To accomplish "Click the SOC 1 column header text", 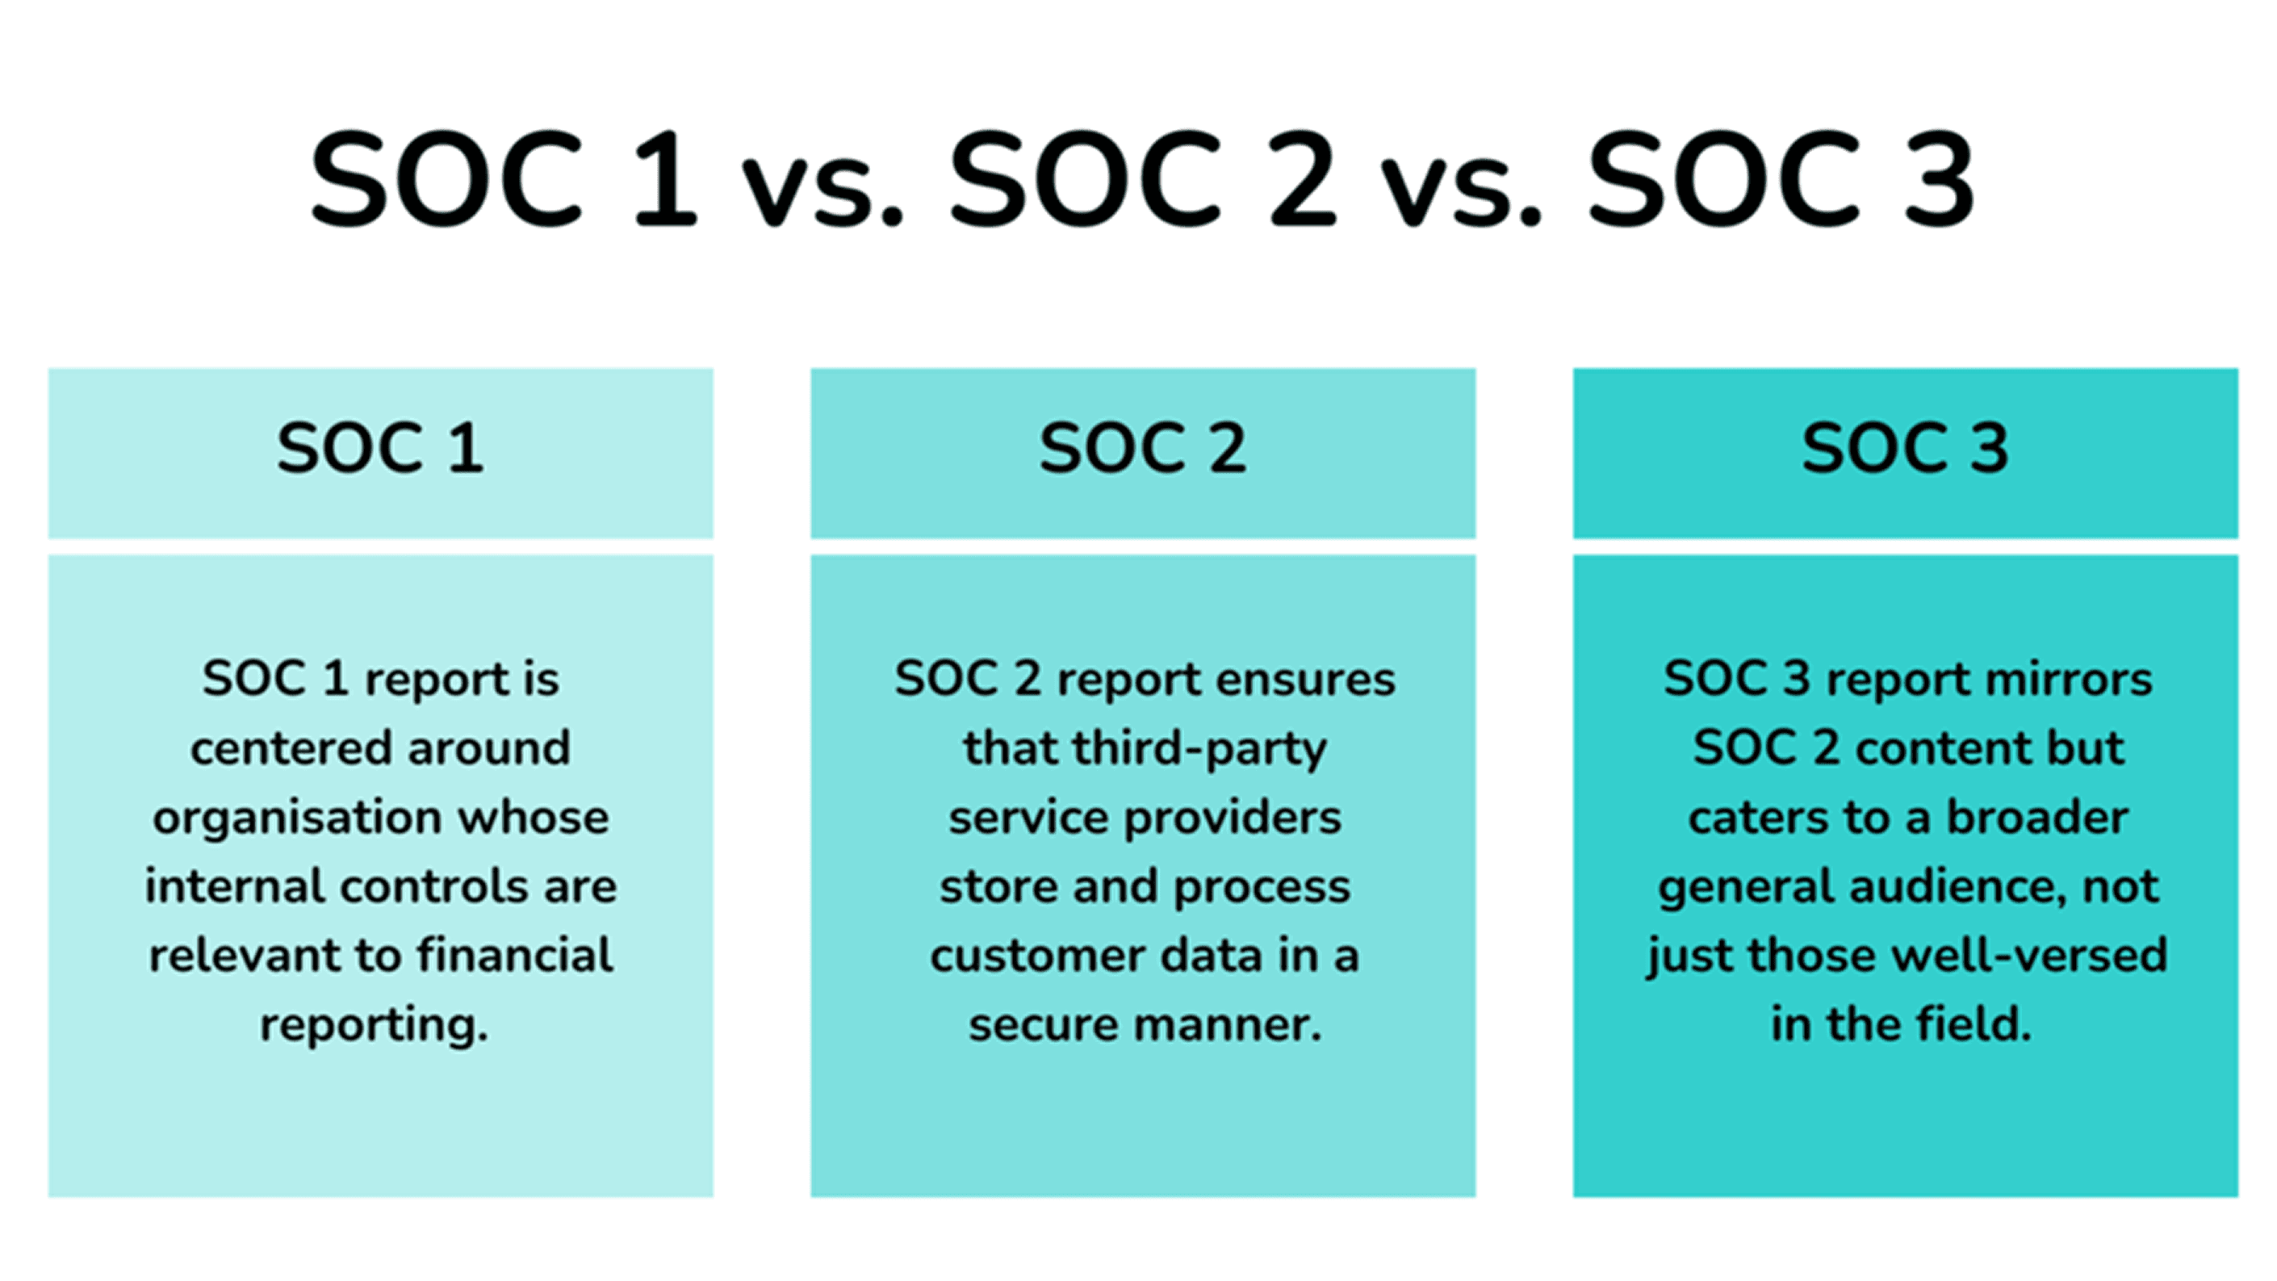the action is [x=380, y=447].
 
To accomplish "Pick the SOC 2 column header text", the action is [x=1143, y=447].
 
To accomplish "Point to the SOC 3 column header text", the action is [x=1905, y=447].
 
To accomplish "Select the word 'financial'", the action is [x=514, y=955].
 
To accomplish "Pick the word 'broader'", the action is [x=2037, y=817].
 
